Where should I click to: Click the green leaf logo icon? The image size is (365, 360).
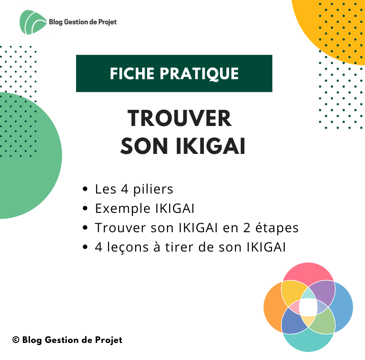point(32,22)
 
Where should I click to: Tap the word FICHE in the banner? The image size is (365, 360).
point(131,73)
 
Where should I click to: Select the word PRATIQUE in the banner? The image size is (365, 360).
point(199,74)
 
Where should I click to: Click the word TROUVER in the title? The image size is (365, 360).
point(180,118)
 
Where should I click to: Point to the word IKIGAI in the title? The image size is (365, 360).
point(211,146)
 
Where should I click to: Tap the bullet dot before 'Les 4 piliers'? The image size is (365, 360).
point(85,189)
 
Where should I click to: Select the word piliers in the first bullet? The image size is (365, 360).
point(153,189)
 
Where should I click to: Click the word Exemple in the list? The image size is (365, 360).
point(123,208)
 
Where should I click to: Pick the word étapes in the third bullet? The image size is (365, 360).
point(277,228)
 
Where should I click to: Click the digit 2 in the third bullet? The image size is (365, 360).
point(247,228)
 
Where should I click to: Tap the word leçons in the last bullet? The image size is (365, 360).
point(128,247)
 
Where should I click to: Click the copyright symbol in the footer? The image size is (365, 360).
point(16,340)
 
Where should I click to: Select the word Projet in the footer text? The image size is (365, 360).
point(109,341)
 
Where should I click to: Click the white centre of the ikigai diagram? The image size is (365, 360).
point(308,307)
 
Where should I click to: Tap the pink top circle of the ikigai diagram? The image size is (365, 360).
point(308,272)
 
